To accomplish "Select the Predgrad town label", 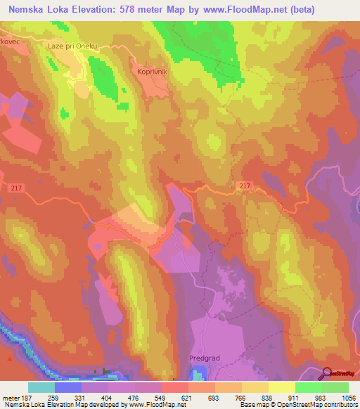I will [x=205, y=358].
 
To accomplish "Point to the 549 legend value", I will [x=161, y=398].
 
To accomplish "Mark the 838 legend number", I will [x=267, y=398].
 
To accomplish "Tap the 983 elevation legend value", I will [x=321, y=398].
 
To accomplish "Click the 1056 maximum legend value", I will [x=347, y=398].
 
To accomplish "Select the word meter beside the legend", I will [x=11, y=398].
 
